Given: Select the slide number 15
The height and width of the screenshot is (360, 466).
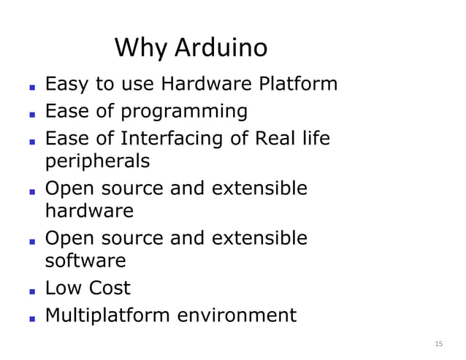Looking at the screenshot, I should pos(438,343).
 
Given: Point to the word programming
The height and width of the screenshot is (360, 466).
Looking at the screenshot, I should pos(184,112).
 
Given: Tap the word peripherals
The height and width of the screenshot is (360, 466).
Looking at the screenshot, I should pos(97,161).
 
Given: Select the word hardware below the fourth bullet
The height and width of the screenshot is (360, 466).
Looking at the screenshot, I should pos(89,212).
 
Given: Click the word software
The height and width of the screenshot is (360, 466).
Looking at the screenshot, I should pos(85,261).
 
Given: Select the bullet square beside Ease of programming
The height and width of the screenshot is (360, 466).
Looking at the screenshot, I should pos(32,114).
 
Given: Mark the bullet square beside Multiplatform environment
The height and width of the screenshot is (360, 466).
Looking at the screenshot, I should pos(32,318).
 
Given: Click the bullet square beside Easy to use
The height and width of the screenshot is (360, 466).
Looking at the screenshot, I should pos(32,86).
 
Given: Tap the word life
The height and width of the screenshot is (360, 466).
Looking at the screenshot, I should pos(315,137).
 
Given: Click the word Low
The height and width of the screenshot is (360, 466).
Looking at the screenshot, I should pos(62,288).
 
